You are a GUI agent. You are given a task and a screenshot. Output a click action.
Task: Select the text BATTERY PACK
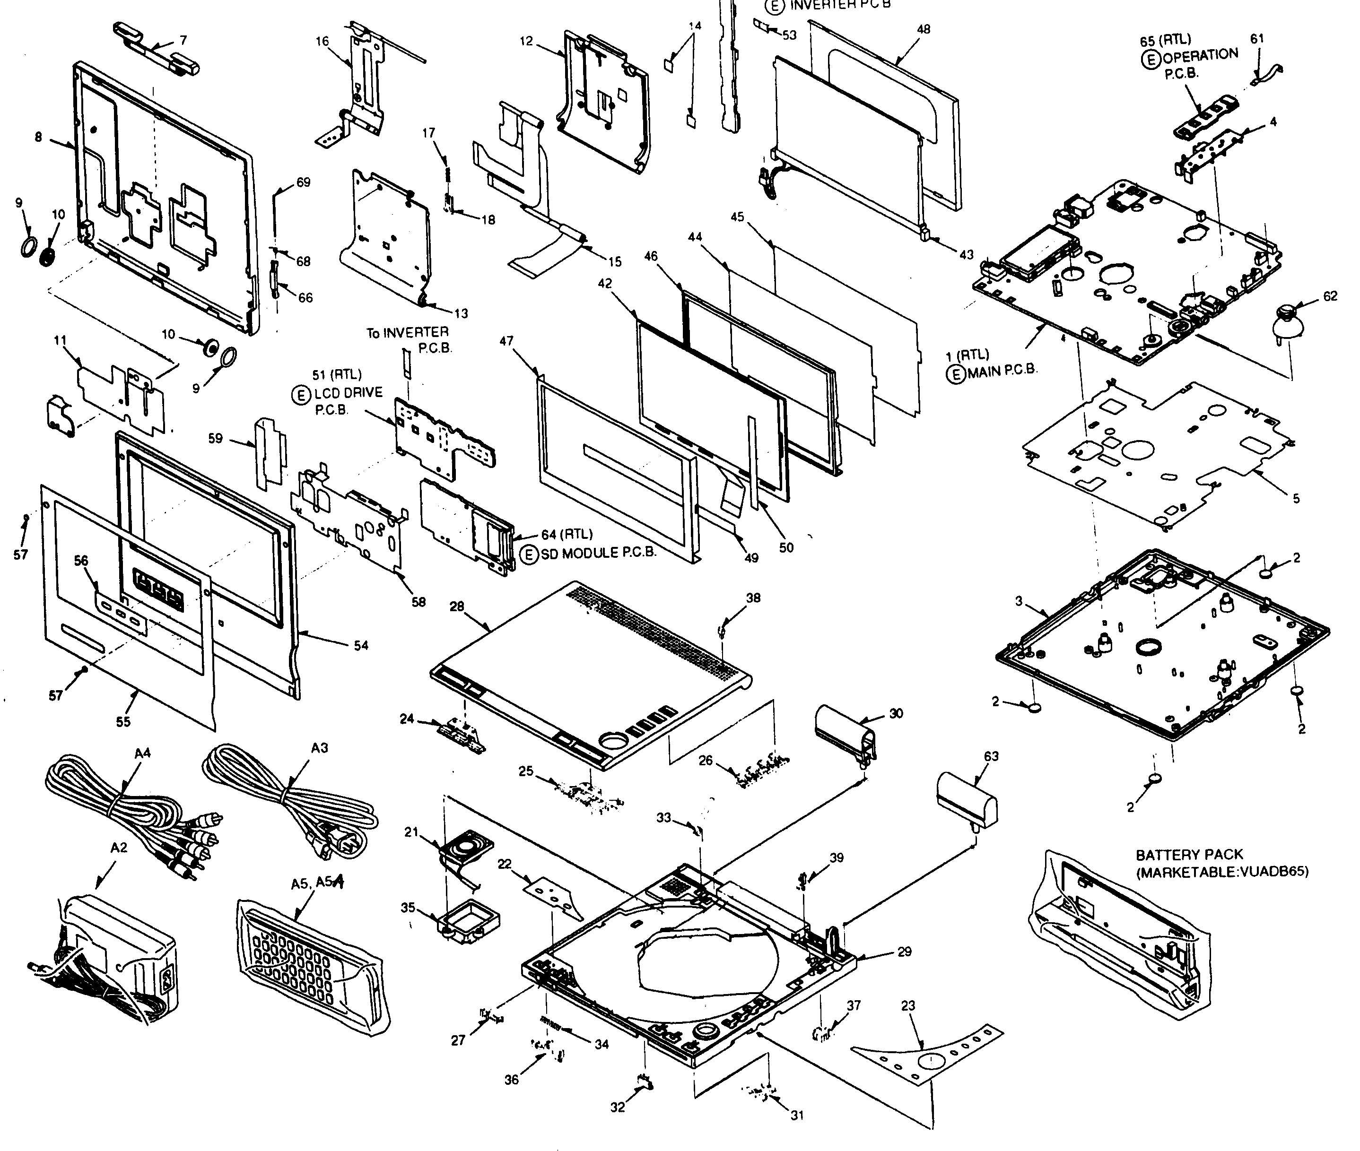1189,855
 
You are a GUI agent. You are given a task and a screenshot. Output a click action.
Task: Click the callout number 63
991,756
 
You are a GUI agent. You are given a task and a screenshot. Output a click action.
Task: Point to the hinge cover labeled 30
845,731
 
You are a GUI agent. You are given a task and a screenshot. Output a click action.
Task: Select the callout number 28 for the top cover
457,606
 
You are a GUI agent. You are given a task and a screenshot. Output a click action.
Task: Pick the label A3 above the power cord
319,748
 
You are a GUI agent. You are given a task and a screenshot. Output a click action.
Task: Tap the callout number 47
506,341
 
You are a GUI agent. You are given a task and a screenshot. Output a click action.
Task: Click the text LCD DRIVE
349,393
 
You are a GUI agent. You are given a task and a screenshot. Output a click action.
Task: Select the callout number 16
323,42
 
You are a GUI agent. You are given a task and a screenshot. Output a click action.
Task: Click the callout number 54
361,645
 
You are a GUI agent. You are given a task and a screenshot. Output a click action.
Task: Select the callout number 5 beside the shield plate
1296,499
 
